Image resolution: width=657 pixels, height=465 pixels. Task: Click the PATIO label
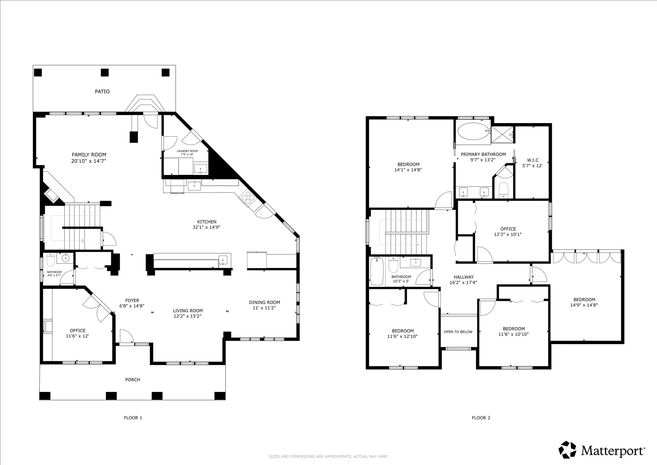[x=102, y=91]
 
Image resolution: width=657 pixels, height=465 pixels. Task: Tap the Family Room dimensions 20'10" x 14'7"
[x=89, y=161]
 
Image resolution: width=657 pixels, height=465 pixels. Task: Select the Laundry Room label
[x=187, y=151]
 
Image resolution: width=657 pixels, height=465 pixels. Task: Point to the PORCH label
[x=133, y=380]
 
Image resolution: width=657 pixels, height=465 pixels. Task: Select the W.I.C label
[x=533, y=160]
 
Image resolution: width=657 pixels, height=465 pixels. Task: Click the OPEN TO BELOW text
[x=458, y=332]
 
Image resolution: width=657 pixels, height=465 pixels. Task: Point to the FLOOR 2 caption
[x=481, y=418]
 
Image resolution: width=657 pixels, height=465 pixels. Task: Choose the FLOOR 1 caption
[x=133, y=418]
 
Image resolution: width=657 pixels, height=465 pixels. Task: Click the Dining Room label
[x=264, y=302]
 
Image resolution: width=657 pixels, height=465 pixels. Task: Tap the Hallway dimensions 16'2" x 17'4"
[x=463, y=282]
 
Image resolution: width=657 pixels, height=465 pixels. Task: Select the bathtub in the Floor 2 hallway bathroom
[x=377, y=272]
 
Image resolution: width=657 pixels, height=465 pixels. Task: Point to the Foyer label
[x=132, y=300]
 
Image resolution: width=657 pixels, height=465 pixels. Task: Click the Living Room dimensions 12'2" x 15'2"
[x=187, y=316]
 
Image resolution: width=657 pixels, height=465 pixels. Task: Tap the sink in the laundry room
[x=201, y=168]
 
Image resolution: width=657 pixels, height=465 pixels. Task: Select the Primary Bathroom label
[x=483, y=154]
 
